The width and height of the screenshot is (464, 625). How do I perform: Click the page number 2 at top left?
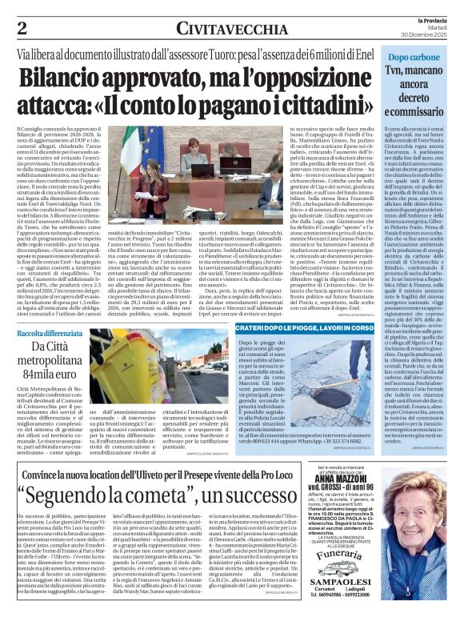pyautogui.click(x=21, y=26)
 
